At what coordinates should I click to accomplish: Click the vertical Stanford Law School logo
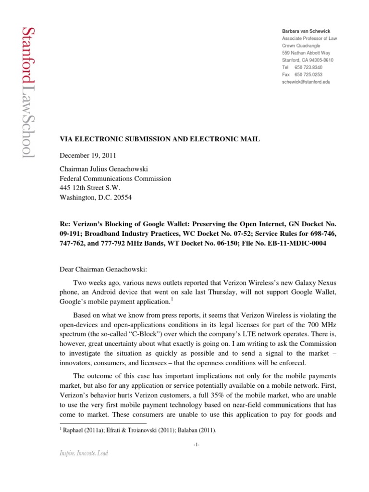tap(27, 92)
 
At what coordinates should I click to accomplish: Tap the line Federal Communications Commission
tap(114, 179)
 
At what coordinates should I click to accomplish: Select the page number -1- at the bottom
tap(197, 445)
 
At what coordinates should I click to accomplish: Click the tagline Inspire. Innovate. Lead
tap(85, 453)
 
